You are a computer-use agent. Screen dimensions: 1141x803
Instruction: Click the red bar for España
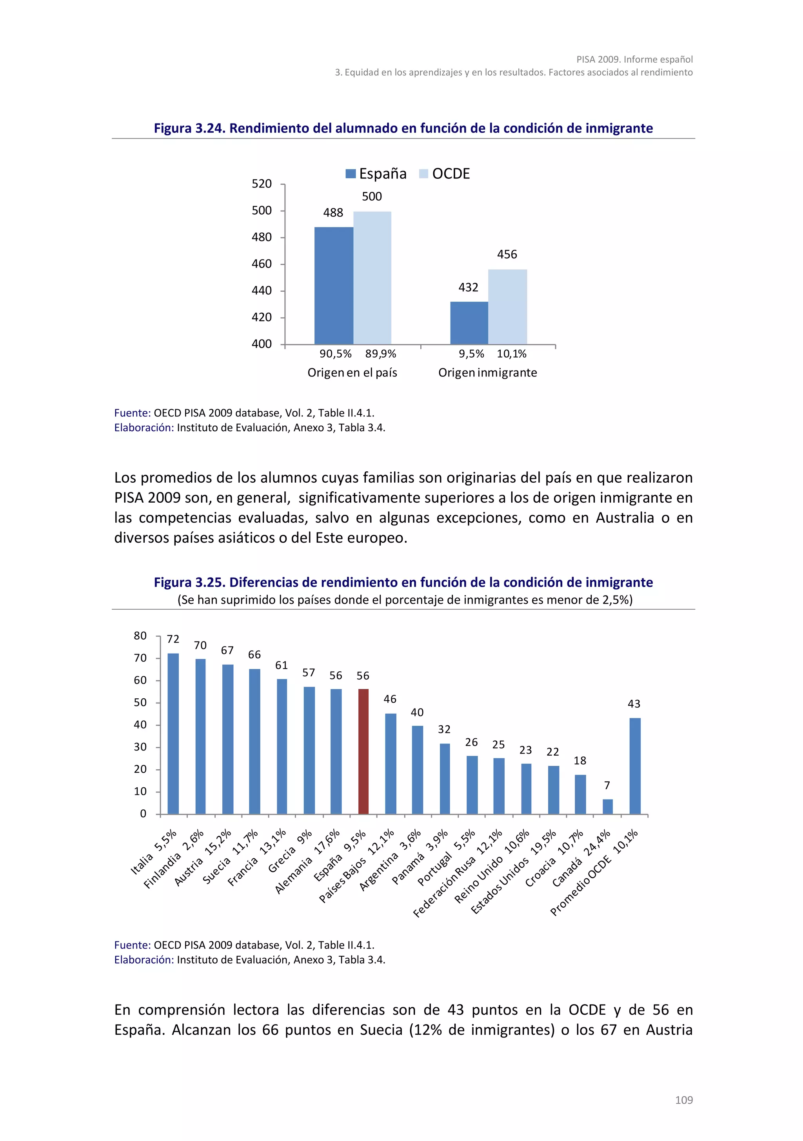pyautogui.click(x=363, y=751)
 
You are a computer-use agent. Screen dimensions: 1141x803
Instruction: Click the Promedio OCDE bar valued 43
pyautogui.click(x=634, y=766)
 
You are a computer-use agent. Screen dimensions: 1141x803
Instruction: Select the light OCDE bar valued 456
pyautogui.click(x=507, y=307)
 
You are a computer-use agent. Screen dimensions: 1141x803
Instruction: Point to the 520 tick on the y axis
pyautogui.click(x=262, y=184)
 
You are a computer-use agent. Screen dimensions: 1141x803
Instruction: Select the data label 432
pyautogui.click(x=468, y=287)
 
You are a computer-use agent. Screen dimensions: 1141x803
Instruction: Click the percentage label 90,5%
pyautogui.click(x=335, y=354)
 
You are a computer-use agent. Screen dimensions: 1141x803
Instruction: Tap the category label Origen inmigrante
pyautogui.click(x=487, y=373)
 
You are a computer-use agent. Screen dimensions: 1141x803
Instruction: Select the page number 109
pyautogui.click(x=684, y=1100)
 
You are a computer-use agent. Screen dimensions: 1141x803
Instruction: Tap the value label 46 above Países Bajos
pyautogui.click(x=390, y=699)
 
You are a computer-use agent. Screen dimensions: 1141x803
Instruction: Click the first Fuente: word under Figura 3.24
pyautogui.click(x=132, y=413)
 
